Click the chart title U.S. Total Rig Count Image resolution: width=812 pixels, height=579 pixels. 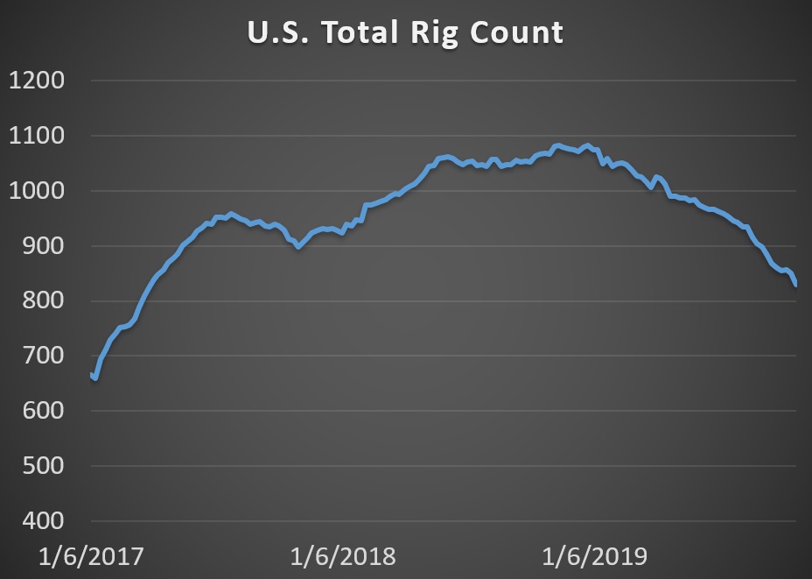pyautogui.click(x=404, y=32)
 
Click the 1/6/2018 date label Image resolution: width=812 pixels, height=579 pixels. pyautogui.click(x=343, y=556)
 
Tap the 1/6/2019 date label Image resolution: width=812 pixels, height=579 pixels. pyautogui.click(x=595, y=556)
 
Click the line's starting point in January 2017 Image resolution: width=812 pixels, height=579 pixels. pyautogui.click(x=91, y=374)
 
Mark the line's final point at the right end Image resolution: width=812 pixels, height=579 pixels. pyautogui.click(x=796, y=285)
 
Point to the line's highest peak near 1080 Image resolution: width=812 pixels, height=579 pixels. pyautogui.click(x=557, y=145)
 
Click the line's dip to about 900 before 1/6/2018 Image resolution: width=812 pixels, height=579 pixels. pyautogui.click(x=298, y=247)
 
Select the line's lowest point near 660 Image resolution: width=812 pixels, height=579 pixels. pyautogui.click(x=95, y=379)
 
